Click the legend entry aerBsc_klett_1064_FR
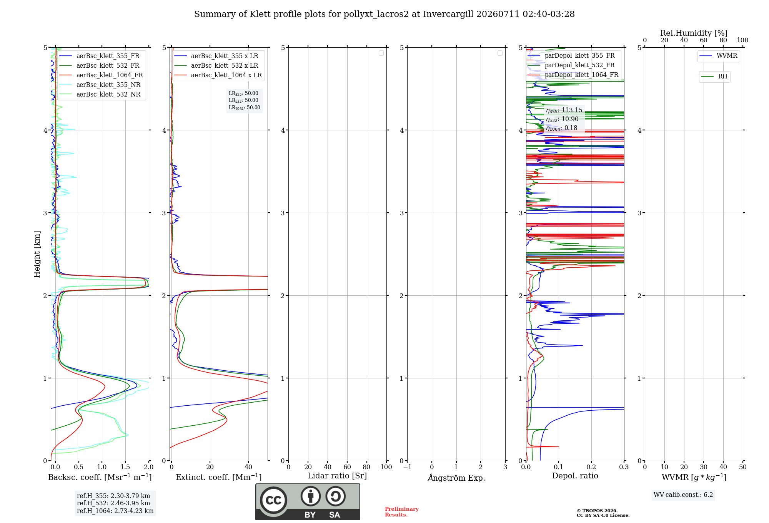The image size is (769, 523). [x=110, y=75]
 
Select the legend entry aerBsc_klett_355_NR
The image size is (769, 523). [x=108, y=85]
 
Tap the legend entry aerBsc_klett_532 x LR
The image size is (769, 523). [x=225, y=65]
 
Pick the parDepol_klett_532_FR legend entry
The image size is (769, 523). [x=579, y=65]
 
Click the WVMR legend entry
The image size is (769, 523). [x=727, y=55]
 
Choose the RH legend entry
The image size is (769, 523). [x=722, y=76]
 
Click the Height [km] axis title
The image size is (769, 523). [x=37, y=254]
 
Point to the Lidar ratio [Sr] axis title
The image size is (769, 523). [x=337, y=476]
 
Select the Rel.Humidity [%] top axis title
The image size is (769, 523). [x=694, y=33]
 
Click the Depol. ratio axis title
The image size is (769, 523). [x=575, y=476]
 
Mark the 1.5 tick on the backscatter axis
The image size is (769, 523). [x=125, y=467]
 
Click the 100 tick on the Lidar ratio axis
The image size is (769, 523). [x=386, y=467]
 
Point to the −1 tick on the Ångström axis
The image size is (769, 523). [x=407, y=467]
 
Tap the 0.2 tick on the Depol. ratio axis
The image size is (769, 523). [x=591, y=467]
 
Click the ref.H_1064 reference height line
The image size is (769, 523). [x=115, y=511]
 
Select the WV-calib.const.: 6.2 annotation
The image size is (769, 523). [x=683, y=495]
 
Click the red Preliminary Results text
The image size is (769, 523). [x=402, y=512]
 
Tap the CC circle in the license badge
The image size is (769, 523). [x=273, y=500]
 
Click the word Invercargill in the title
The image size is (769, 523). [x=448, y=14]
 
